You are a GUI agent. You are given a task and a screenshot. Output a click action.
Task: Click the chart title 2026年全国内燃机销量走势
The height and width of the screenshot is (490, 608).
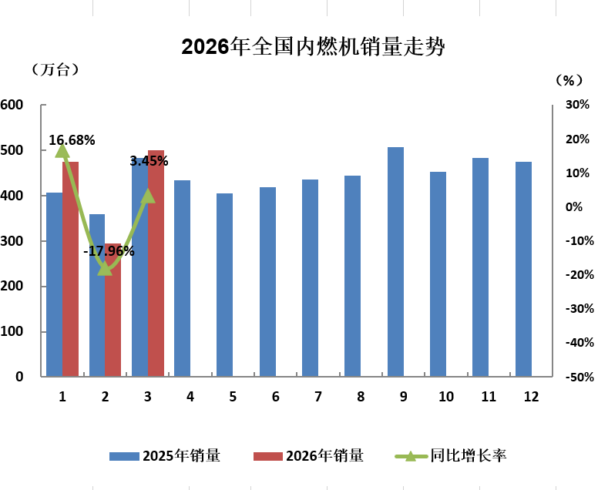pos(313,47)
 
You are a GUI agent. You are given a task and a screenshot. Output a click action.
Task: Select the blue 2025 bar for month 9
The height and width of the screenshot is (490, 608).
pos(395,262)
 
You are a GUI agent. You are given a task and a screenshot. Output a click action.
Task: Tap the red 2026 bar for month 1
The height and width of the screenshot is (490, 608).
pos(71,269)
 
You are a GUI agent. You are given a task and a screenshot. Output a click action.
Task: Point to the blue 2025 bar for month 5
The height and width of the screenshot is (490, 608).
pos(224,285)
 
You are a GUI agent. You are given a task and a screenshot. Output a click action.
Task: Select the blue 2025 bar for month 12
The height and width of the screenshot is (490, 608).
pos(523,269)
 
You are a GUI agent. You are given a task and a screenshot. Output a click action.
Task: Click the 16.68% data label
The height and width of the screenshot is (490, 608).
pos(72,140)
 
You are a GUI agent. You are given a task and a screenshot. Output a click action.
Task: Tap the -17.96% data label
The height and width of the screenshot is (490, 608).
pos(109,251)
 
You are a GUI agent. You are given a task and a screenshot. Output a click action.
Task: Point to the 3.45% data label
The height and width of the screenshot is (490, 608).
pos(149,161)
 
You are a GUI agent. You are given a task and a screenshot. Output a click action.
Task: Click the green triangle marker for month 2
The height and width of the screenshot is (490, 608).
pos(106,269)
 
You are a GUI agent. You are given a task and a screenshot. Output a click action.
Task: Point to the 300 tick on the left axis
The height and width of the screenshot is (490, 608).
pos(13,241)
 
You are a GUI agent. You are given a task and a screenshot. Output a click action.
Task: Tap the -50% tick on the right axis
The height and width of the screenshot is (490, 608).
pos(578,377)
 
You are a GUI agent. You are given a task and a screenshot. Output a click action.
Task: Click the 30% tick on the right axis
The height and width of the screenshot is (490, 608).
pos(578,105)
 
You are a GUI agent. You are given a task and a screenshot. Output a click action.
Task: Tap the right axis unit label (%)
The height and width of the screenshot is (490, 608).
pos(569,79)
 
